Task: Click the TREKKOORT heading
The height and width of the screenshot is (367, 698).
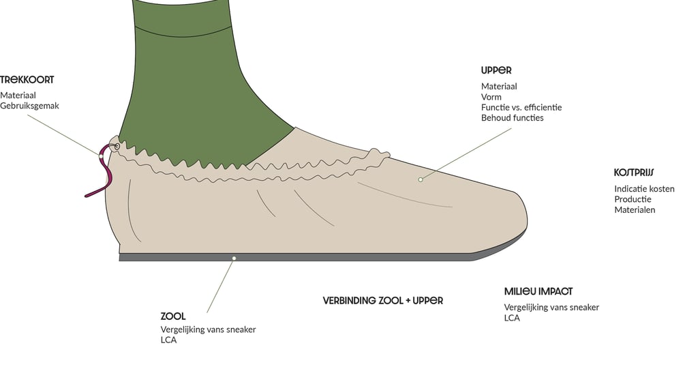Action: [27, 80]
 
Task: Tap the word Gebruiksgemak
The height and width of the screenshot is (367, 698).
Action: [29, 106]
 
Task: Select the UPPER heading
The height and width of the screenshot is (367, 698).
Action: [496, 70]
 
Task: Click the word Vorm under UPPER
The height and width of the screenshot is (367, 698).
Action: [491, 97]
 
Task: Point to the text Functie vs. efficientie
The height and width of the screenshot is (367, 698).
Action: [521, 107]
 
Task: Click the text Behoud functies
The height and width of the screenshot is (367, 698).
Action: [513, 117]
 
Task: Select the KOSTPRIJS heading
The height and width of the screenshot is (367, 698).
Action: [634, 173]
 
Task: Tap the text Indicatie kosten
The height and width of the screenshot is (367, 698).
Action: [644, 188]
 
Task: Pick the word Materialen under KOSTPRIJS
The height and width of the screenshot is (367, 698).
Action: [635, 209]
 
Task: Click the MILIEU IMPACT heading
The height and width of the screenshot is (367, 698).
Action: [538, 291]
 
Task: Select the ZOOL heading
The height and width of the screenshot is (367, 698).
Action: [173, 316]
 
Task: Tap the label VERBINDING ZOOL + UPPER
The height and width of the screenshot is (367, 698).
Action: [383, 300]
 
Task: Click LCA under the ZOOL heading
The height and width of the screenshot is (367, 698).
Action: [168, 340]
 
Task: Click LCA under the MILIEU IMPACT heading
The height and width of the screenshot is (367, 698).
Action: [512, 318]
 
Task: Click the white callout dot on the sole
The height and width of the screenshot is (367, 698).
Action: [234, 258]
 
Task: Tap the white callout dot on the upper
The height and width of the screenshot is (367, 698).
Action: [421, 179]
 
